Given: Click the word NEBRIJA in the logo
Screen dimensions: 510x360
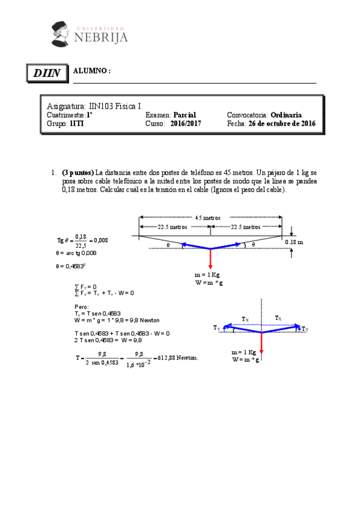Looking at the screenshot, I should coord(101,37).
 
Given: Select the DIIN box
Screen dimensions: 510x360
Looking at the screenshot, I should coord(47,73).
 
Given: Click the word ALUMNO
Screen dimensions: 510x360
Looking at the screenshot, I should coord(91,71).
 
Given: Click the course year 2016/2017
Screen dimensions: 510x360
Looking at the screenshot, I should coord(185,123).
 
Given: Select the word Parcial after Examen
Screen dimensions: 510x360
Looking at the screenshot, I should coord(185,115).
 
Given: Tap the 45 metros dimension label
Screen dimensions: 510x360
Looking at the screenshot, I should coord(208,218).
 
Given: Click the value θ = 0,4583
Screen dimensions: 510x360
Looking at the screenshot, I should coord(71,266).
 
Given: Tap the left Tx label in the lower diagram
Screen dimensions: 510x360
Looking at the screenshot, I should coord(245,319).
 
